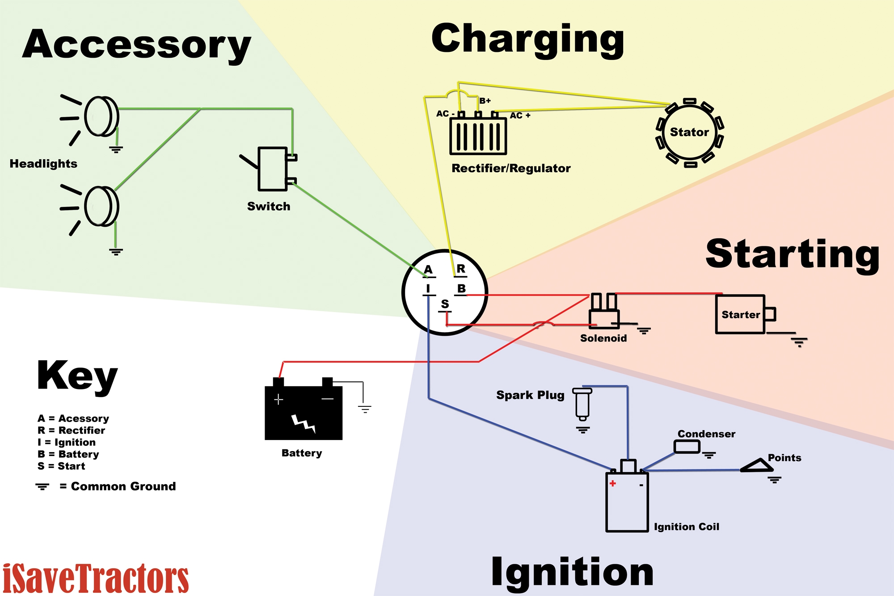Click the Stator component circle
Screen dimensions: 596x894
(x=690, y=132)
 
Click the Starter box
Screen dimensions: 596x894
(x=741, y=314)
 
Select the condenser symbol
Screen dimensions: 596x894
(x=687, y=447)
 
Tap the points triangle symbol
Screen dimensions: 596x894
(x=757, y=466)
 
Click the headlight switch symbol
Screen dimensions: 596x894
(x=272, y=169)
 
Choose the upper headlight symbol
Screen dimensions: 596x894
(x=101, y=116)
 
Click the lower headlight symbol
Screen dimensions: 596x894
(x=101, y=207)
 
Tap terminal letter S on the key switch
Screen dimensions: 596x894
(x=445, y=304)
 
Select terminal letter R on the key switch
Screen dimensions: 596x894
(x=461, y=269)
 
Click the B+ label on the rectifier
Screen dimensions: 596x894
(x=485, y=101)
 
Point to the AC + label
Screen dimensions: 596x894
(x=520, y=116)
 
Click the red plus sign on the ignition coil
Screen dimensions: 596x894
(x=613, y=483)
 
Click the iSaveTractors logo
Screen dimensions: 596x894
(x=96, y=578)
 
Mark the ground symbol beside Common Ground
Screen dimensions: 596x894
(x=42, y=486)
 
